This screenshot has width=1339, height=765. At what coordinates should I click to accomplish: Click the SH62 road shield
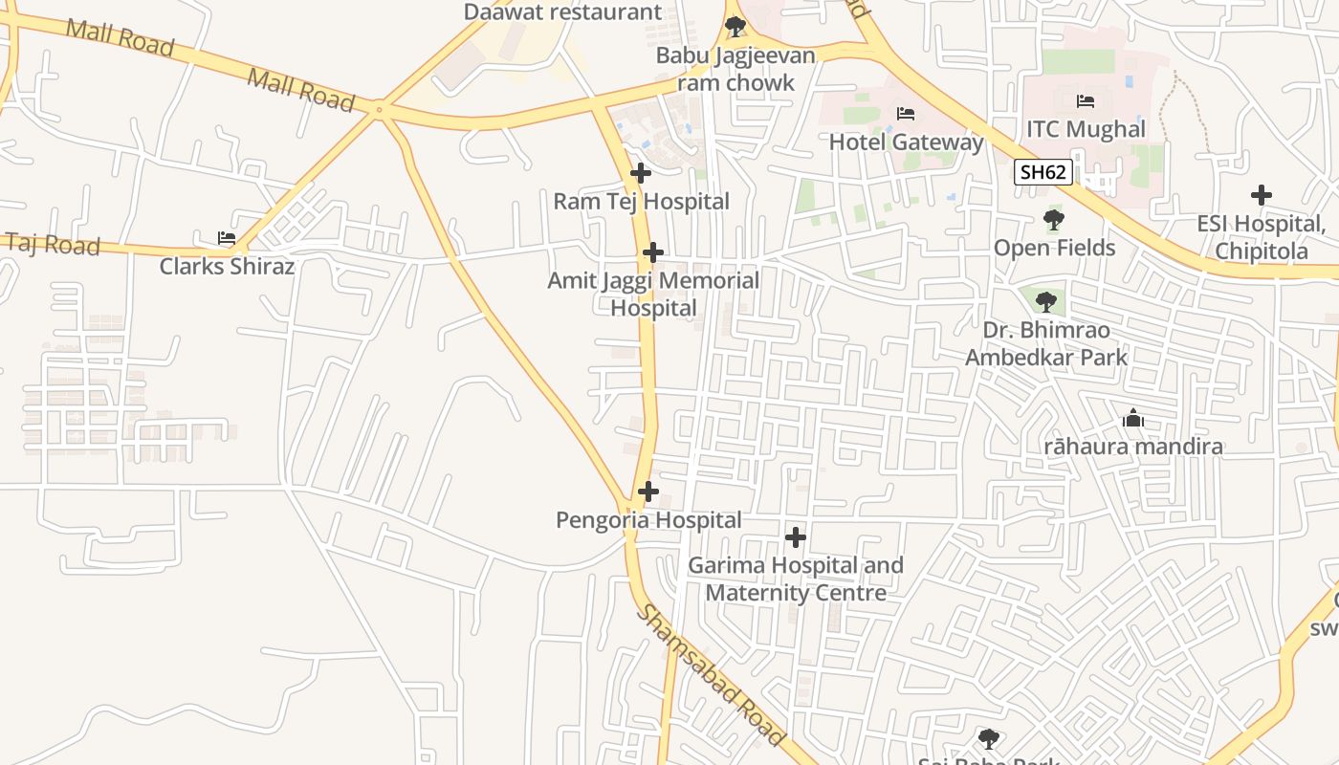pos(1043,172)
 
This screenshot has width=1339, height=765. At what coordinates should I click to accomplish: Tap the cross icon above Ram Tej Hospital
pos(641,173)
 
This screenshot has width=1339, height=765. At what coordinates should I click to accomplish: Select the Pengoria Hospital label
pos(648,520)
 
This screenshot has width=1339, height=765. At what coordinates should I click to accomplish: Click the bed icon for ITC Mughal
pos(1086,101)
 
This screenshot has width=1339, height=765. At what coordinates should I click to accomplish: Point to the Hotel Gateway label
pos(905,142)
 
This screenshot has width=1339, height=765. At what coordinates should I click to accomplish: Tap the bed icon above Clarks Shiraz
pos(227,238)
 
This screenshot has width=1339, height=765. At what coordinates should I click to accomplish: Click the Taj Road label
pos(53,244)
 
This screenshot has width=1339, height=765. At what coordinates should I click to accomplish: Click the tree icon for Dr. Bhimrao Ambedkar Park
pos(1046,302)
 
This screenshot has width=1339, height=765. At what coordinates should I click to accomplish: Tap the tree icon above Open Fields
pos(1054,220)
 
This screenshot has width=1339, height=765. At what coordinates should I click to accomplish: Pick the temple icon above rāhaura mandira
pos(1133,418)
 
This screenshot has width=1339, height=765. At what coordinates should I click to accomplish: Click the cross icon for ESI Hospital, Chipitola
pos(1262,195)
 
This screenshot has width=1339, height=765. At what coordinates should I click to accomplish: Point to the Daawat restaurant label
pos(562,12)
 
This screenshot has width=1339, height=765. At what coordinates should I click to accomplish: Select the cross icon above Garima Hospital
pos(795,536)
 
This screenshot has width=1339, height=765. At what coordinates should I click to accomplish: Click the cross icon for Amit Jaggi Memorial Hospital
pos(653,252)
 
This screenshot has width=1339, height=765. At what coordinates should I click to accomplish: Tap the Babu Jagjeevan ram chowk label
pos(735,69)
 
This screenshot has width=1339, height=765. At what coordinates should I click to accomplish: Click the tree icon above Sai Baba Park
pos(989,739)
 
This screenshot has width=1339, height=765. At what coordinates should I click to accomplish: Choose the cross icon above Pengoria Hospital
pos(648,492)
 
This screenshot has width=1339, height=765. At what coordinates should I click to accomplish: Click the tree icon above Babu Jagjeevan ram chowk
pos(735,27)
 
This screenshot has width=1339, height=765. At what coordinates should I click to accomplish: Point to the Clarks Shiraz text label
pos(227,266)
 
